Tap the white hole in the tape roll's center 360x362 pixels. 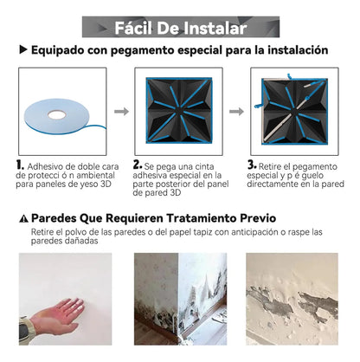[x=58, y=113]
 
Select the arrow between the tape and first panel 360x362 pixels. [x=122, y=111]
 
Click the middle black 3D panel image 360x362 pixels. [x=180, y=111]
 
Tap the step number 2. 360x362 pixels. [x=137, y=165]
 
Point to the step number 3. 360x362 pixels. [x=253, y=165]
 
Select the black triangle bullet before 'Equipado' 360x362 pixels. [x=22, y=51]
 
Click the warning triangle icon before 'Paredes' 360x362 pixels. [x=22, y=217]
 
